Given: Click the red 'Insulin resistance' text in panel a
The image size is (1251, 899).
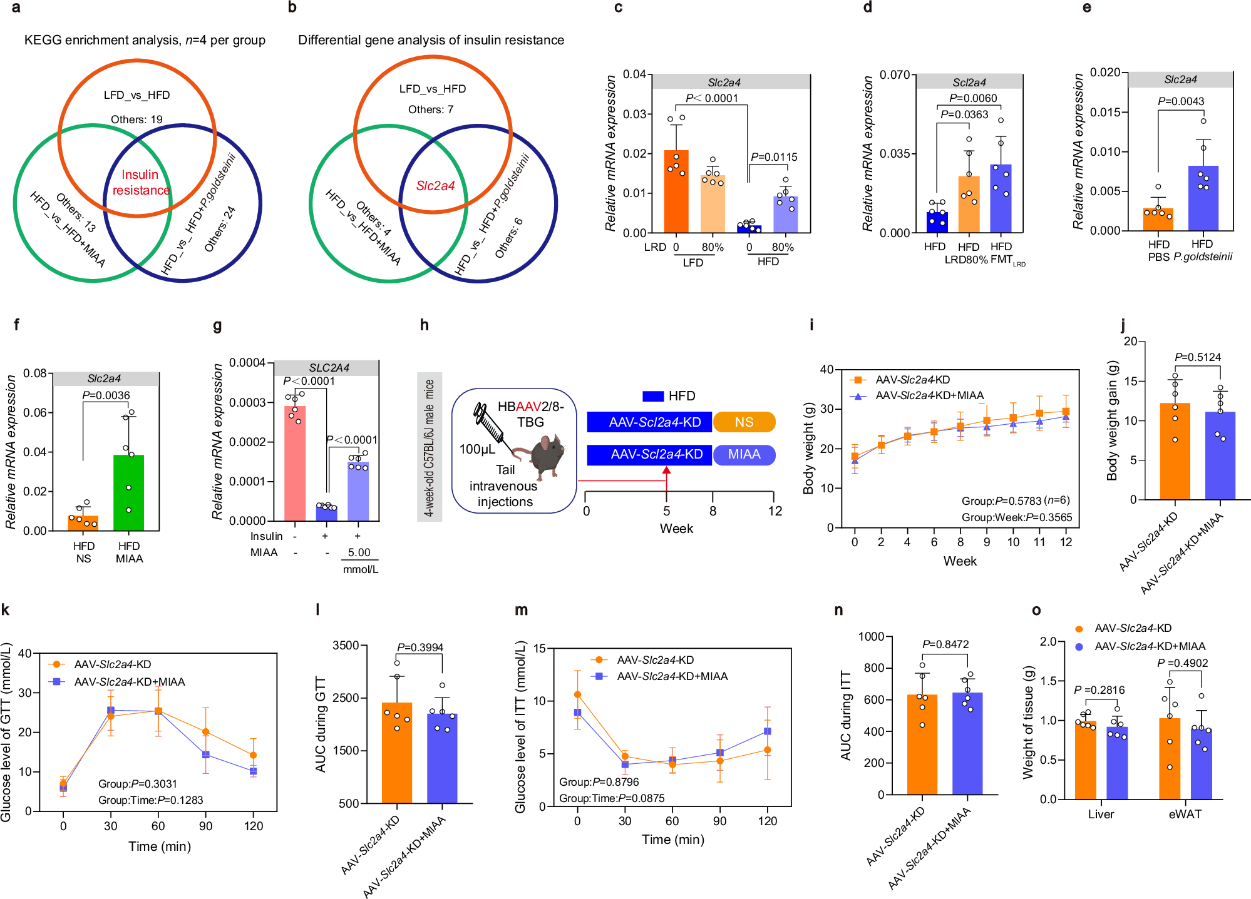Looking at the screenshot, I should (x=140, y=182).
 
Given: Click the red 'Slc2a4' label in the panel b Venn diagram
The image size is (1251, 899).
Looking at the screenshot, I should (x=435, y=186).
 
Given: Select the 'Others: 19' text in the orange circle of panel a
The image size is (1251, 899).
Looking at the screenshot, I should (x=136, y=119).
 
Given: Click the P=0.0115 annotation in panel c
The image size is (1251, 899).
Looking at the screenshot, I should (x=774, y=157).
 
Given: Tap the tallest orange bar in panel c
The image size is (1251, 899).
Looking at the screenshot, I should (x=676, y=194).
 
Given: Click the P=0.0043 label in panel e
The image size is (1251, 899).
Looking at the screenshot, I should (x=1180, y=101).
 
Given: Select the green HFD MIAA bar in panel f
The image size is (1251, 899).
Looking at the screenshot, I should (x=129, y=493).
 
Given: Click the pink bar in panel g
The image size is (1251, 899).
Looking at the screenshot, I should (x=295, y=463).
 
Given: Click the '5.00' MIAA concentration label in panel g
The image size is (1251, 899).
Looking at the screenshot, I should (x=359, y=552).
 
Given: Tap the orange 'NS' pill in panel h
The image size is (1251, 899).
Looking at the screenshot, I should (x=744, y=422).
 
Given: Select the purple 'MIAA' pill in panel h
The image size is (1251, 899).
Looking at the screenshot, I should (x=744, y=455).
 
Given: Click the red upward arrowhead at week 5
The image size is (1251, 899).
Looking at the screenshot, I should (x=667, y=470).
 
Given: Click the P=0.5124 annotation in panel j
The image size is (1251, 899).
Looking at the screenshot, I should (x=1197, y=357).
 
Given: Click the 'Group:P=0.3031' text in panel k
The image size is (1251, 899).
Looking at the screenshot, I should (x=138, y=784).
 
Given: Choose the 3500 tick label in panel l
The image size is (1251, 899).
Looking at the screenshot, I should (x=346, y=646).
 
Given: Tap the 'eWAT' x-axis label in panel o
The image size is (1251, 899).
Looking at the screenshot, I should (x=1185, y=814).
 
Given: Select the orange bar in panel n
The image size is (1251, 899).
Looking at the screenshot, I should (x=922, y=744).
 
